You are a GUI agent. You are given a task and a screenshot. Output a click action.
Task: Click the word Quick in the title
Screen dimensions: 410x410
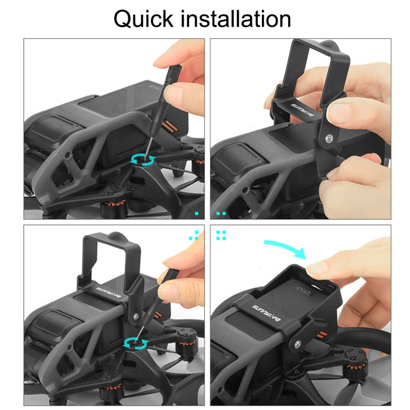click(x=144, y=20)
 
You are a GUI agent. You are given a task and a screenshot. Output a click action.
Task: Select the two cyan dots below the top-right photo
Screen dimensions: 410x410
click(x=221, y=212)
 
